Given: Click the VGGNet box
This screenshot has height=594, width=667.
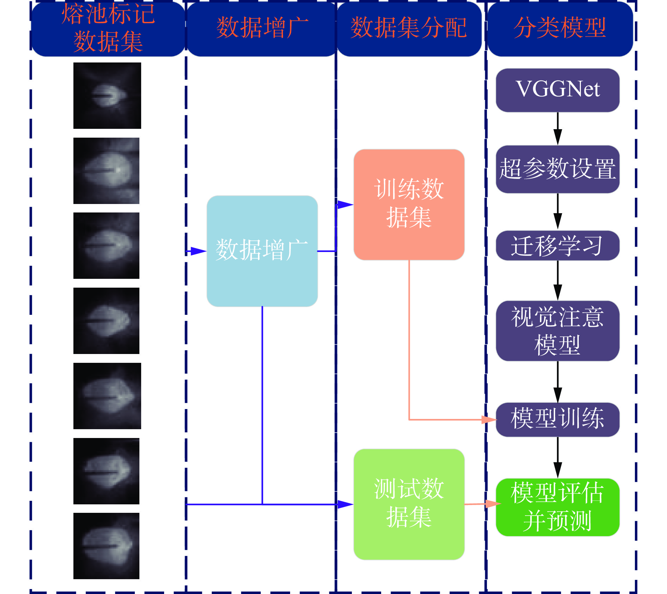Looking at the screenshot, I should (557, 90).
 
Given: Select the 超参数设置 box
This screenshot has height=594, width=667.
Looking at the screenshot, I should (557, 169).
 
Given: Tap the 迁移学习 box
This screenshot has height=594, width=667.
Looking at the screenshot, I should (557, 245).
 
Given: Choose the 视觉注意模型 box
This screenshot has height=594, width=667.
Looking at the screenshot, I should (557, 331).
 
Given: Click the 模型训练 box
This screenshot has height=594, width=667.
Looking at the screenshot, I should (557, 419).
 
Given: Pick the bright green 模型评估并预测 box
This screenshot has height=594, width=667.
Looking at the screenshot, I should (557, 507).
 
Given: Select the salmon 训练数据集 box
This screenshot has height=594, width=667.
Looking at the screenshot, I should (409, 204).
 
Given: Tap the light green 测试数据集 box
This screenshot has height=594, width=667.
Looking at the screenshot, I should (409, 504).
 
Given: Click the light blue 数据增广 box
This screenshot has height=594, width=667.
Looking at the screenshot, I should (262, 251).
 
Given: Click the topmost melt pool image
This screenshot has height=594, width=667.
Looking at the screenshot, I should (107, 96).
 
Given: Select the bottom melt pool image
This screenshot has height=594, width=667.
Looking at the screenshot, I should (106, 546).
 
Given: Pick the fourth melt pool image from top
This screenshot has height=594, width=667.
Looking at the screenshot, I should (106, 320).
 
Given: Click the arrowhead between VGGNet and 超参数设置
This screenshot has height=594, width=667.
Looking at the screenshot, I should (558, 137).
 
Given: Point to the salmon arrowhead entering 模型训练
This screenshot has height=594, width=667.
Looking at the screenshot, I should (489, 420).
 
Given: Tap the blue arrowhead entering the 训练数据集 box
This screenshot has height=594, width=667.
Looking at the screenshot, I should (345, 204).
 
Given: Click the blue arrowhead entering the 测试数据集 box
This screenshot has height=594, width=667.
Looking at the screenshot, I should (345, 504).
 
